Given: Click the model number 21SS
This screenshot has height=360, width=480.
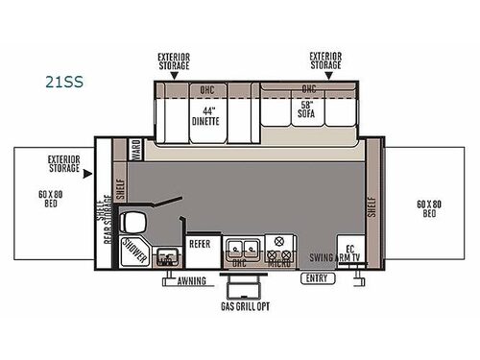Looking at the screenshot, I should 65,82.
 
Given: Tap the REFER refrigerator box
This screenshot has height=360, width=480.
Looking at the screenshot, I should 199,245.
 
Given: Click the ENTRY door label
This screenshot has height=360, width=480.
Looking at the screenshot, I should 314,278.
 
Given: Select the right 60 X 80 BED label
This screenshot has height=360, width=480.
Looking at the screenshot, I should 430,206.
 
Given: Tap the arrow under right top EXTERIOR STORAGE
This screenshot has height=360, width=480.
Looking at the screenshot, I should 327,75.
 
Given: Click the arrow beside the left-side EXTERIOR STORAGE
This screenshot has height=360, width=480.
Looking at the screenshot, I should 87,175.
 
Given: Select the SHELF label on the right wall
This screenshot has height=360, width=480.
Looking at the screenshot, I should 370,206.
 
